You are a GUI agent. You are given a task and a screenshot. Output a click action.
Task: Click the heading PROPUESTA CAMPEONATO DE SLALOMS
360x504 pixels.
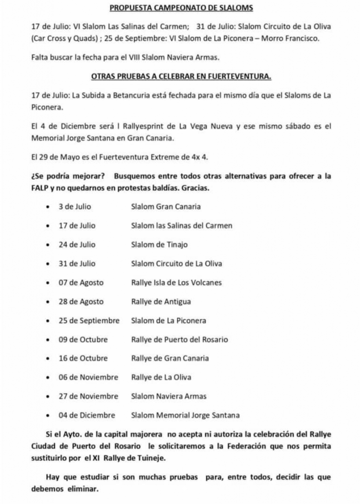click(x=181, y=8)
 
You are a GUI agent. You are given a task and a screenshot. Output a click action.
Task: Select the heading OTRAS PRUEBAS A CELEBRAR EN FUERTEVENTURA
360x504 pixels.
click(x=181, y=76)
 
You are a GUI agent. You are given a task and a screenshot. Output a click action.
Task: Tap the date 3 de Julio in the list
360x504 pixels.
click(x=75, y=207)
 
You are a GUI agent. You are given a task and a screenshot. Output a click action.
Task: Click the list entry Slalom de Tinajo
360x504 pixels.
click(x=159, y=245)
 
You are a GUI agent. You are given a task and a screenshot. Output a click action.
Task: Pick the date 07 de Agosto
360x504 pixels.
click(x=81, y=283)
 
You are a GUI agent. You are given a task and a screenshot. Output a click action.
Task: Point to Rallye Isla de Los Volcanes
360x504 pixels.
click(x=177, y=283)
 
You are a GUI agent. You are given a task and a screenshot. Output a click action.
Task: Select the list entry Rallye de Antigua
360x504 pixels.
click(x=161, y=302)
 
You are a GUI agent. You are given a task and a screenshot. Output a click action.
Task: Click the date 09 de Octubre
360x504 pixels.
click(x=83, y=340)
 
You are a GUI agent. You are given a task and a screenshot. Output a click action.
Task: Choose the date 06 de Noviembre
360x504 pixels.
click(x=89, y=378)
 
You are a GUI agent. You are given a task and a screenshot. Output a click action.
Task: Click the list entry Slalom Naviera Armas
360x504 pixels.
click(x=169, y=396)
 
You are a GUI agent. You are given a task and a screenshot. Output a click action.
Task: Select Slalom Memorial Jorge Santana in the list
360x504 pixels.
click(x=185, y=415)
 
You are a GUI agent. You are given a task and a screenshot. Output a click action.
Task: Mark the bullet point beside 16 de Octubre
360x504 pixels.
click(x=47, y=359)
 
